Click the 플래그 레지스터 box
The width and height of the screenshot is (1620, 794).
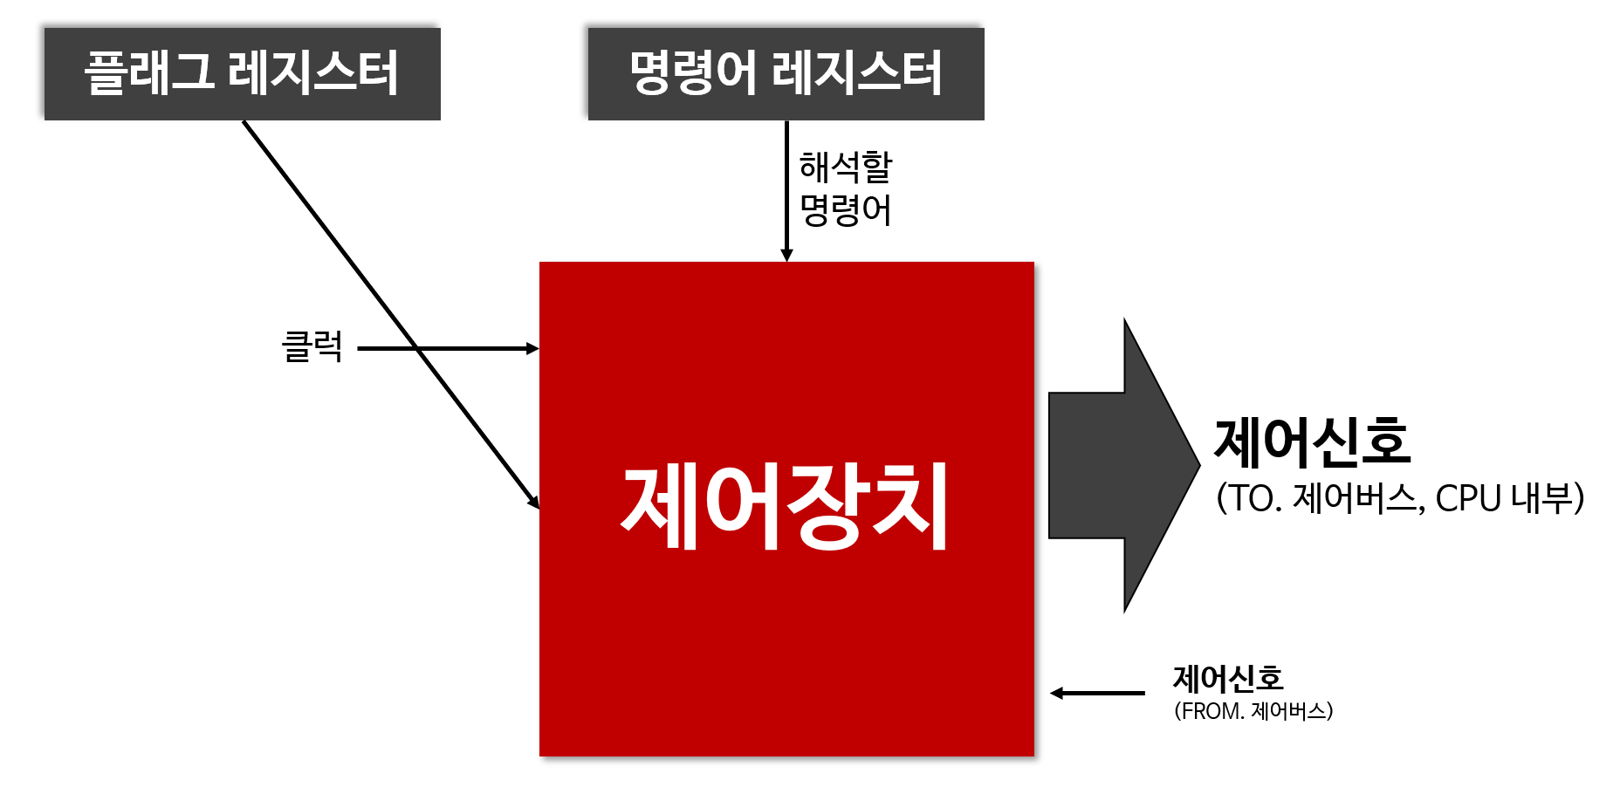tap(242, 74)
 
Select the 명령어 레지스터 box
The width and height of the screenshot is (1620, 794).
tap(786, 74)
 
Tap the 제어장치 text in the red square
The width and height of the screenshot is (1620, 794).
tap(786, 506)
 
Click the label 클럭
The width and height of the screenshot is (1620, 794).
tap(312, 347)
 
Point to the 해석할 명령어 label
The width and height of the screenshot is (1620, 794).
tap(845, 188)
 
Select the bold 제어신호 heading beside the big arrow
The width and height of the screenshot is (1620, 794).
tap(1312, 441)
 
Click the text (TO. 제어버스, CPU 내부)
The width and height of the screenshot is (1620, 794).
tap(1399, 498)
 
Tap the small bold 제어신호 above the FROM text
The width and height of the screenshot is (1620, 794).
tap(1227, 678)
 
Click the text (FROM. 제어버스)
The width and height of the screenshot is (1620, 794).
tap(1253, 711)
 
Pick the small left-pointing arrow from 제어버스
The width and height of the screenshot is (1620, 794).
tap(1097, 693)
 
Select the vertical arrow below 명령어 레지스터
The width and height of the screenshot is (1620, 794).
tap(786, 188)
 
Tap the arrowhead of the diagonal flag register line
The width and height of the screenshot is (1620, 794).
tap(533, 503)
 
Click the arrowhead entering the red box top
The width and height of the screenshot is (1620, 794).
tap(786, 255)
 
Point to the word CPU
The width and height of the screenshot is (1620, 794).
tap(1468, 498)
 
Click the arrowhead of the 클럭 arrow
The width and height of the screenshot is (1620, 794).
tap(532, 348)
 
